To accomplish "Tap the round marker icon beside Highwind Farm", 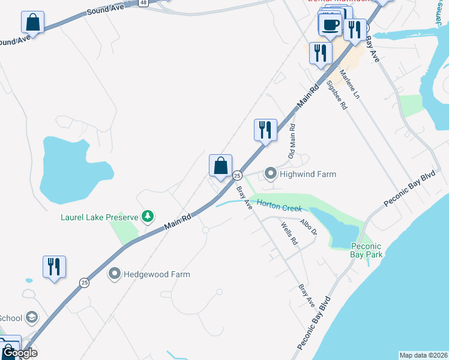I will coord(270,174).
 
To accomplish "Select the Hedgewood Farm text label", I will coord(157,274).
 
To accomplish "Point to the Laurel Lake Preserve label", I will coord(98,216).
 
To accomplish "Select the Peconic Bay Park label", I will coord(366,250).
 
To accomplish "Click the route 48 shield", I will coord(142,2).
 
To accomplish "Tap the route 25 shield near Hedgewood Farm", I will coord(85,282).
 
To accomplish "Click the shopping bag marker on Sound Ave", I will coord(33,23).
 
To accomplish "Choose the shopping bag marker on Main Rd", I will coord(220,166).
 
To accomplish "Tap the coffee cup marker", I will coord(330,25).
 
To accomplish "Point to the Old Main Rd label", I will coord(292,142).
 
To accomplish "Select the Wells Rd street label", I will coord(289,233).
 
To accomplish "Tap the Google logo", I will coord(20,353).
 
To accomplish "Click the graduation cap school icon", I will coord(32,317).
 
